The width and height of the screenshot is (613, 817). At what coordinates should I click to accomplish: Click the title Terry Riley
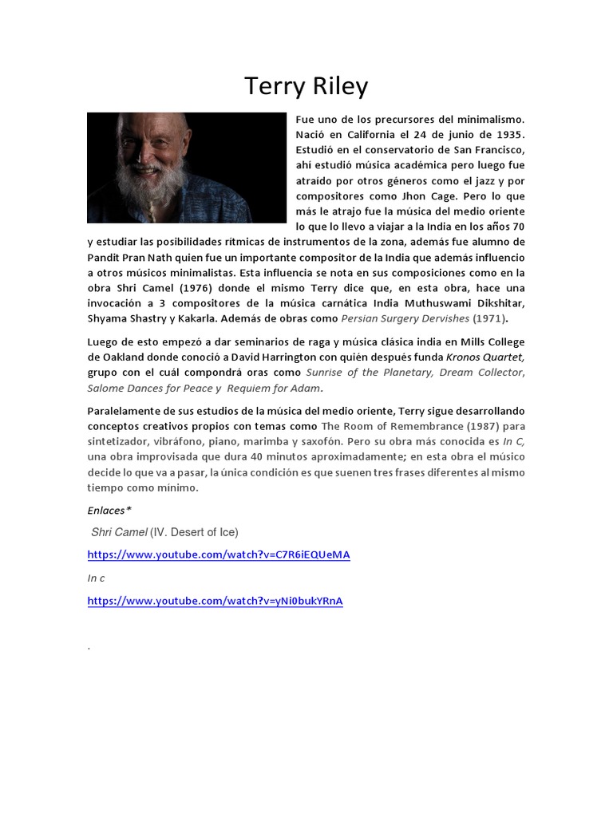[x=306, y=85]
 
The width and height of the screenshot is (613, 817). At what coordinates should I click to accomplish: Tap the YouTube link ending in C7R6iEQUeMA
[x=219, y=555]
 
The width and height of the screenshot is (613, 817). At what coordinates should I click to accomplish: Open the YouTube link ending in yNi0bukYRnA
[x=215, y=601]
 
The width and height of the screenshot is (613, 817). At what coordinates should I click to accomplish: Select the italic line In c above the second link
[x=96, y=578]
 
